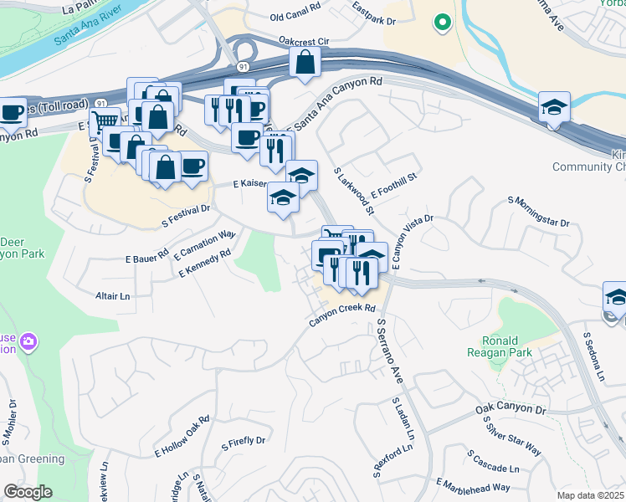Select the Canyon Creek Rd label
click(x=342, y=313)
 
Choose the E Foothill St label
click(x=392, y=183)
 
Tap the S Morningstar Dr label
click(x=538, y=213)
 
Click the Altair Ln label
click(x=113, y=296)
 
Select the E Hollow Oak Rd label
click(x=181, y=437)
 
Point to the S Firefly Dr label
click(x=242, y=441)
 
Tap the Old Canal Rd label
click(x=296, y=17)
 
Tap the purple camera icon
click(x=29, y=341)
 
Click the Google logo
click(x=28, y=491)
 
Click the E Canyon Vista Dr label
click(x=412, y=240)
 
